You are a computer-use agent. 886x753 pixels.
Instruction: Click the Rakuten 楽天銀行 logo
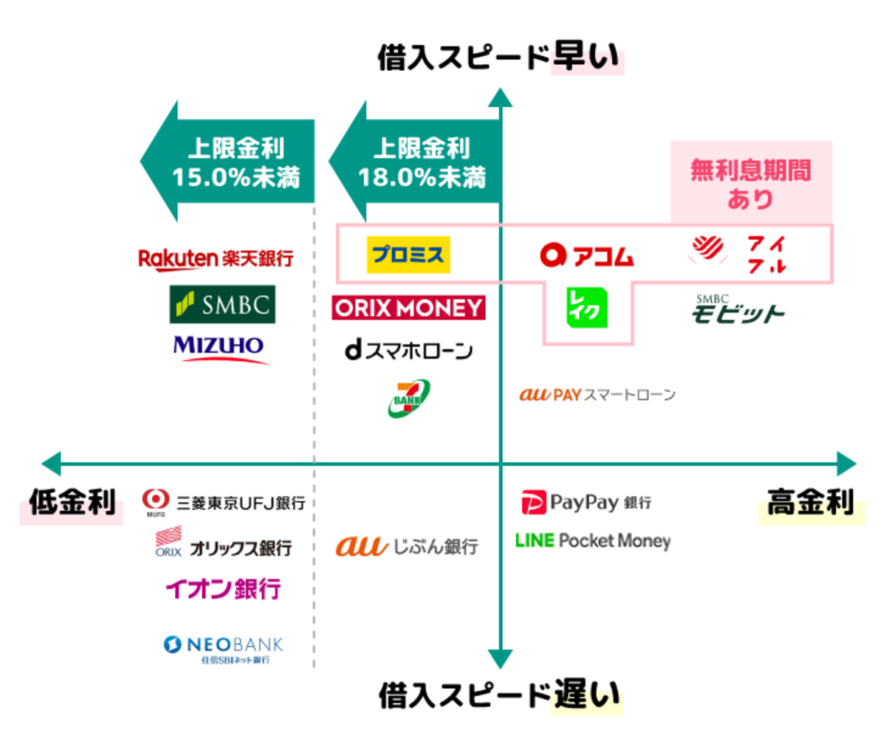coord(216,258)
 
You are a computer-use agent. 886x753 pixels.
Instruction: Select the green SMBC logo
coord(222,304)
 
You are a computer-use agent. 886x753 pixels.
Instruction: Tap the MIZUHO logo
coord(219,348)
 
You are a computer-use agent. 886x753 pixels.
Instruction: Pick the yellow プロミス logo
coord(408,255)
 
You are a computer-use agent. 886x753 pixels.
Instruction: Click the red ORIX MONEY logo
coord(408,308)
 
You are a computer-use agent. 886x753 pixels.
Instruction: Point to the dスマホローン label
coord(408,350)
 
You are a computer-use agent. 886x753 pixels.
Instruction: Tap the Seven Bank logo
coord(408,398)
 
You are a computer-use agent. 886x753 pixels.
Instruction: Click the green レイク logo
coord(586,308)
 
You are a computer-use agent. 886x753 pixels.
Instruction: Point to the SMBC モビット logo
coord(737,310)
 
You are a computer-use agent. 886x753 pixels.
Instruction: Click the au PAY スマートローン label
coord(597,395)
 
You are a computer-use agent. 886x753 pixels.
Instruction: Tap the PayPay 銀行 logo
coord(586,503)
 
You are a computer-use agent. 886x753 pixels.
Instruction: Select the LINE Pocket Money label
coord(593,540)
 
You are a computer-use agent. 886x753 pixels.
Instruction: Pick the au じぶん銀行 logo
coord(407,546)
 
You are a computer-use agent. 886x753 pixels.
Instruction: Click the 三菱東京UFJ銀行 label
coord(224,502)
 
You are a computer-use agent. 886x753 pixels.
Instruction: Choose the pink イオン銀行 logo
coord(223,588)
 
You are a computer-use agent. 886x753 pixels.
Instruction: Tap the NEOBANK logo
coord(223,648)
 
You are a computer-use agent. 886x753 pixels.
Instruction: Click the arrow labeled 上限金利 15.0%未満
coord(229,162)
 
